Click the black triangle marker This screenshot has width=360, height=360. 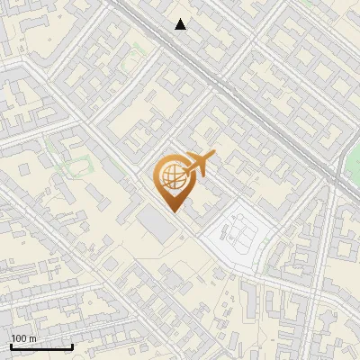coord(181,25)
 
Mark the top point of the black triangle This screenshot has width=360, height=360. coord(181,19)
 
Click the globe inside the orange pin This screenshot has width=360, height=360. coord(171,175)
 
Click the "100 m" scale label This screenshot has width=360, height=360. coord(23,338)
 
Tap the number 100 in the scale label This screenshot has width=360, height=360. coord(19,338)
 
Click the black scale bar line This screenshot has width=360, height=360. coord(41,347)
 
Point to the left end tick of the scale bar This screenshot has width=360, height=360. coord(11,346)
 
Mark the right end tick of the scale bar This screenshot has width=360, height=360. coord(72,346)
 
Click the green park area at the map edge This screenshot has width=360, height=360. coord(353,162)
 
